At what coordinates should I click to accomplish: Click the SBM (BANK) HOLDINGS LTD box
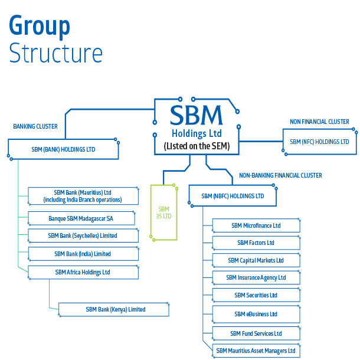tap(63, 149)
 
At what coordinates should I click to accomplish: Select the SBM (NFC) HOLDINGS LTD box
tap(319, 142)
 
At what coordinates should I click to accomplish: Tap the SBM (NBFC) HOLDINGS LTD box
tap(233, 196)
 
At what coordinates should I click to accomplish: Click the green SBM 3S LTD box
tap(163, 212)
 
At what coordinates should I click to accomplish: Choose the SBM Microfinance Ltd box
tap(256, 225)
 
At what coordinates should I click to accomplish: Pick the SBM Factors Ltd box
tap(256, 243)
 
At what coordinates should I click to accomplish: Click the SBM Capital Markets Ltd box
tap(256, 260)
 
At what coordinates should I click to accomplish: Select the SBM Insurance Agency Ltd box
tap(256, 277)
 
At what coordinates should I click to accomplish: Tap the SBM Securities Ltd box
tap(256, 295)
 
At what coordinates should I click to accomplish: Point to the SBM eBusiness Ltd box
tap(256, 314)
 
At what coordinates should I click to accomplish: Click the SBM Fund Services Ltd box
tap(256, 333)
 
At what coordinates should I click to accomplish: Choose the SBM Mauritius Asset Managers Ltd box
tap(256, 351)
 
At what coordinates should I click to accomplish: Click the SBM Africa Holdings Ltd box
tap(83, 272)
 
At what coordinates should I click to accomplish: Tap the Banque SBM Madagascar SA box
tap(81, 218)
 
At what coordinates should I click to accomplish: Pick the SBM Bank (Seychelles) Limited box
tap(83, 235)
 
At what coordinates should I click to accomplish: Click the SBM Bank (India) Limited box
tap(83, 254)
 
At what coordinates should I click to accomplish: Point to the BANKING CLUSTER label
tap(35, 126)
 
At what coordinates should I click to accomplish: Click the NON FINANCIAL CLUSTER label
tap(319, 122)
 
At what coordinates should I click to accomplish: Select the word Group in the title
tap(40, 26)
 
